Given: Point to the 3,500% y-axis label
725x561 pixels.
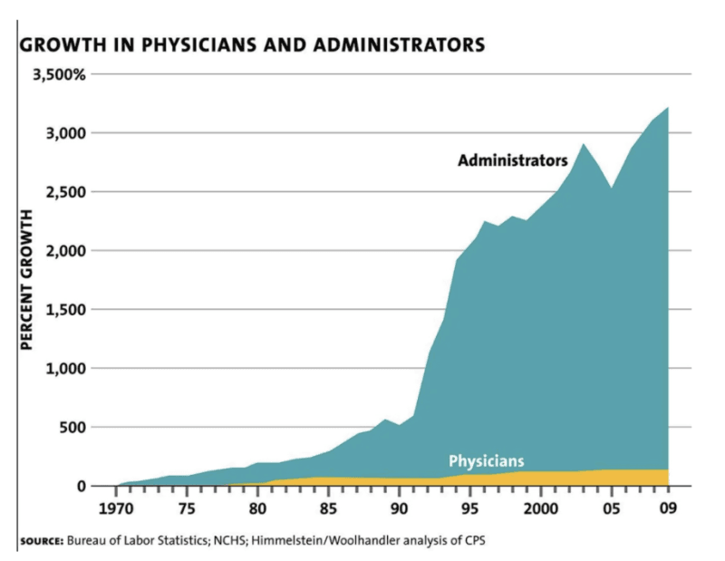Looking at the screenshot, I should [x=60, y=74].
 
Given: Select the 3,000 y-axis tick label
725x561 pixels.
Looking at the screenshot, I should [x=65, y=133].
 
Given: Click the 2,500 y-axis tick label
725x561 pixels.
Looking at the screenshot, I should [x=65, y=192].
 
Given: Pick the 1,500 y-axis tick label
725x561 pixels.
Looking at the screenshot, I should [x=65, y=310].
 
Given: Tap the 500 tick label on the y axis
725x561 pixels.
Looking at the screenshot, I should [x=73, y=427].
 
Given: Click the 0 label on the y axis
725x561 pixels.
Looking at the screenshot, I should [x=82, y=487].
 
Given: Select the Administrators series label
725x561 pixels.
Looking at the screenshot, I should [x=512, y=161].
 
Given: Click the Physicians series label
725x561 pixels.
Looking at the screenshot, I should [x=486, y=460].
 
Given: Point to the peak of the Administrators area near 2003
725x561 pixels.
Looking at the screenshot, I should [x=583, y=144].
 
